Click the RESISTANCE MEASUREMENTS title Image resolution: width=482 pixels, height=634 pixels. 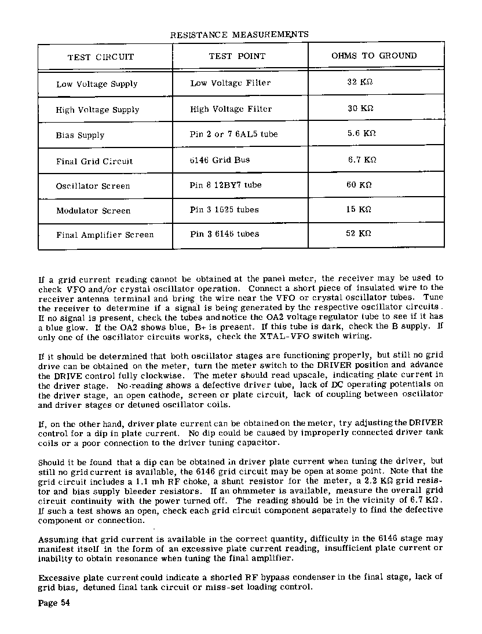click(x=239, y=35)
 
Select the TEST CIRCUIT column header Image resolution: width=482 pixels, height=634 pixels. click(x=101, y=57)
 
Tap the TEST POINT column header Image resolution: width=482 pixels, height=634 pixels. click(x=237, y=56)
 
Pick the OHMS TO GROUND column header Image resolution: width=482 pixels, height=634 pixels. click(x=374, y=56)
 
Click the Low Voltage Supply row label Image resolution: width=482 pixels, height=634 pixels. click(x=97, y=84)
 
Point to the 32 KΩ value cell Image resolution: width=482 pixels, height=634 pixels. click(x=360, y=82)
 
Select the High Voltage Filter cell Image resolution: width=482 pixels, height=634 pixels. click(x=231, y=109)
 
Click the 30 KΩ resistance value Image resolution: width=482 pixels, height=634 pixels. click(x=360, y=108)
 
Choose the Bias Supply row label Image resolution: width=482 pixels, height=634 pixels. click(x=80, y=135)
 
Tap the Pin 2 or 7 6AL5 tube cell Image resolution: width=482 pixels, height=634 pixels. click(x=233, y=134)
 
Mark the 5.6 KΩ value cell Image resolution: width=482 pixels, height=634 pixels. click(x=362, y=133)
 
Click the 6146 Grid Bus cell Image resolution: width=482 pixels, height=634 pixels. click(x=220, y=160)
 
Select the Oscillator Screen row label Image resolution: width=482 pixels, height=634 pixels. click(x=93, y=186)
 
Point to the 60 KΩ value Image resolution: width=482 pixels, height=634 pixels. click(x=359, y=185)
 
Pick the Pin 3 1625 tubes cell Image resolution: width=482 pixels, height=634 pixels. click(x=224, y=209)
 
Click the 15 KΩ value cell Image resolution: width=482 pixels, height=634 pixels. click(x=359, y=209)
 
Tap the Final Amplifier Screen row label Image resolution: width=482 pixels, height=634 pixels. click(x=105, y=235)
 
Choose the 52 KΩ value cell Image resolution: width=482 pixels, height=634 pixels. click(x=359, y=234)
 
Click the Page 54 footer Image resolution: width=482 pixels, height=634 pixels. click(x=54, y=603)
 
